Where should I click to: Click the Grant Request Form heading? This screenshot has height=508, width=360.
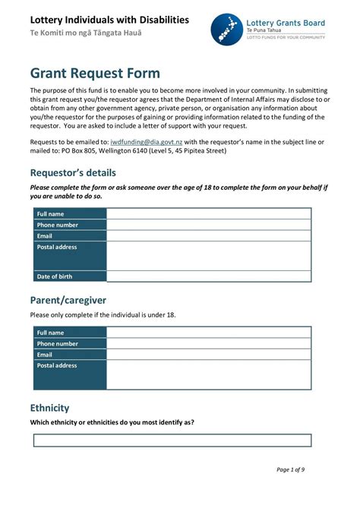[95, 73]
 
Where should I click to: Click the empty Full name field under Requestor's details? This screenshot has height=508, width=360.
[208, 214]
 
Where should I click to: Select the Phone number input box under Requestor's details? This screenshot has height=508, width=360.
[208, 225]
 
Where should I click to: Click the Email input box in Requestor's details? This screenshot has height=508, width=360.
[208, 235]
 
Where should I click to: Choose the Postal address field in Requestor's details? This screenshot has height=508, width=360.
[208, 256]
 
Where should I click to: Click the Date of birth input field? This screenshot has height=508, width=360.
[208, 276]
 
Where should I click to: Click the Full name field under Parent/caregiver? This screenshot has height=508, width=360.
[208, 333]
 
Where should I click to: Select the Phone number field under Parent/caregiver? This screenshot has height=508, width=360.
[208, 343]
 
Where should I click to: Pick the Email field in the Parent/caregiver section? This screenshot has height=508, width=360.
[208, 354]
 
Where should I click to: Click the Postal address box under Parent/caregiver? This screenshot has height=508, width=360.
[208, 374]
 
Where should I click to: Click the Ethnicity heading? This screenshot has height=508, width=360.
[49, 408]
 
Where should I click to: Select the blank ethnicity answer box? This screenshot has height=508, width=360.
[172, 440]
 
